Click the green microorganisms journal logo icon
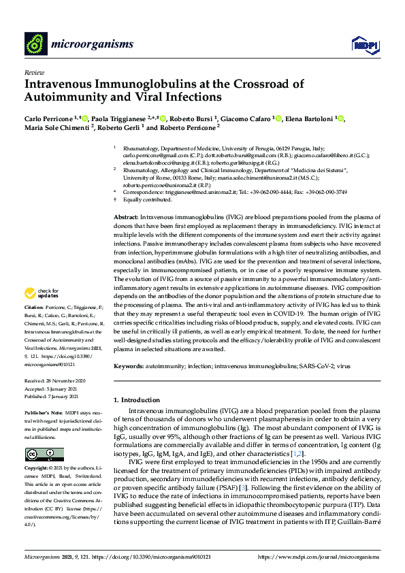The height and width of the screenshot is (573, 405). pos(35,44)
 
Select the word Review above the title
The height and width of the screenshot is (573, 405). pos(33,71)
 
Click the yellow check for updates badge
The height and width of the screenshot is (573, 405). pos(38,294)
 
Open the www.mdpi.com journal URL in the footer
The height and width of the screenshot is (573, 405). pos(319,557)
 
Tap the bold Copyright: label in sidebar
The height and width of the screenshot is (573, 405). pos(37,469)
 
